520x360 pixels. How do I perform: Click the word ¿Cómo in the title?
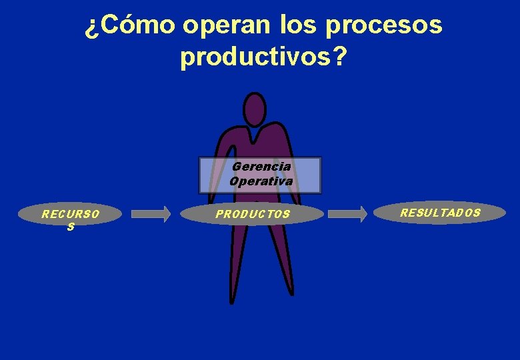click(x=129, y=25)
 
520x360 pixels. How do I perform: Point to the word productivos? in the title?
click(x=263, y=58)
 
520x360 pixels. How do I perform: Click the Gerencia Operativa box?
click(x=260, y=175)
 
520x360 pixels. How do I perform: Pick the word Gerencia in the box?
click(x=261, y=166)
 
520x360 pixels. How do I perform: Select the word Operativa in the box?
click(x=261, y=181)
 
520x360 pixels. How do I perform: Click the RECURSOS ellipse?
click(x=71, y=215)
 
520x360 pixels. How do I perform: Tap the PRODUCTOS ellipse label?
click(x=253, y=214)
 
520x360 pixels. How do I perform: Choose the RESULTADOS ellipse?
click(x=440, y=213)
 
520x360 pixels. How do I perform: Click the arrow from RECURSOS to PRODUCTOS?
click(x=151, y=214)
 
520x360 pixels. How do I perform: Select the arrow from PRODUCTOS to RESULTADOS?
click(x=347, y=214)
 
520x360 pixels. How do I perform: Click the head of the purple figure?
click(x=254, y=109)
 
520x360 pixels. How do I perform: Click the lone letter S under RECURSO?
click(x=71, y=227)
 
